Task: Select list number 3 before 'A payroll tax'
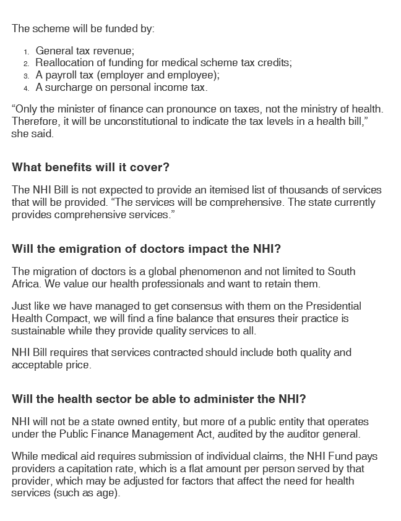click(x=27, y=76)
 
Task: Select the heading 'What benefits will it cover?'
click(x=90, y=167)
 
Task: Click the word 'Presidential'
click(x=334, y=307)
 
